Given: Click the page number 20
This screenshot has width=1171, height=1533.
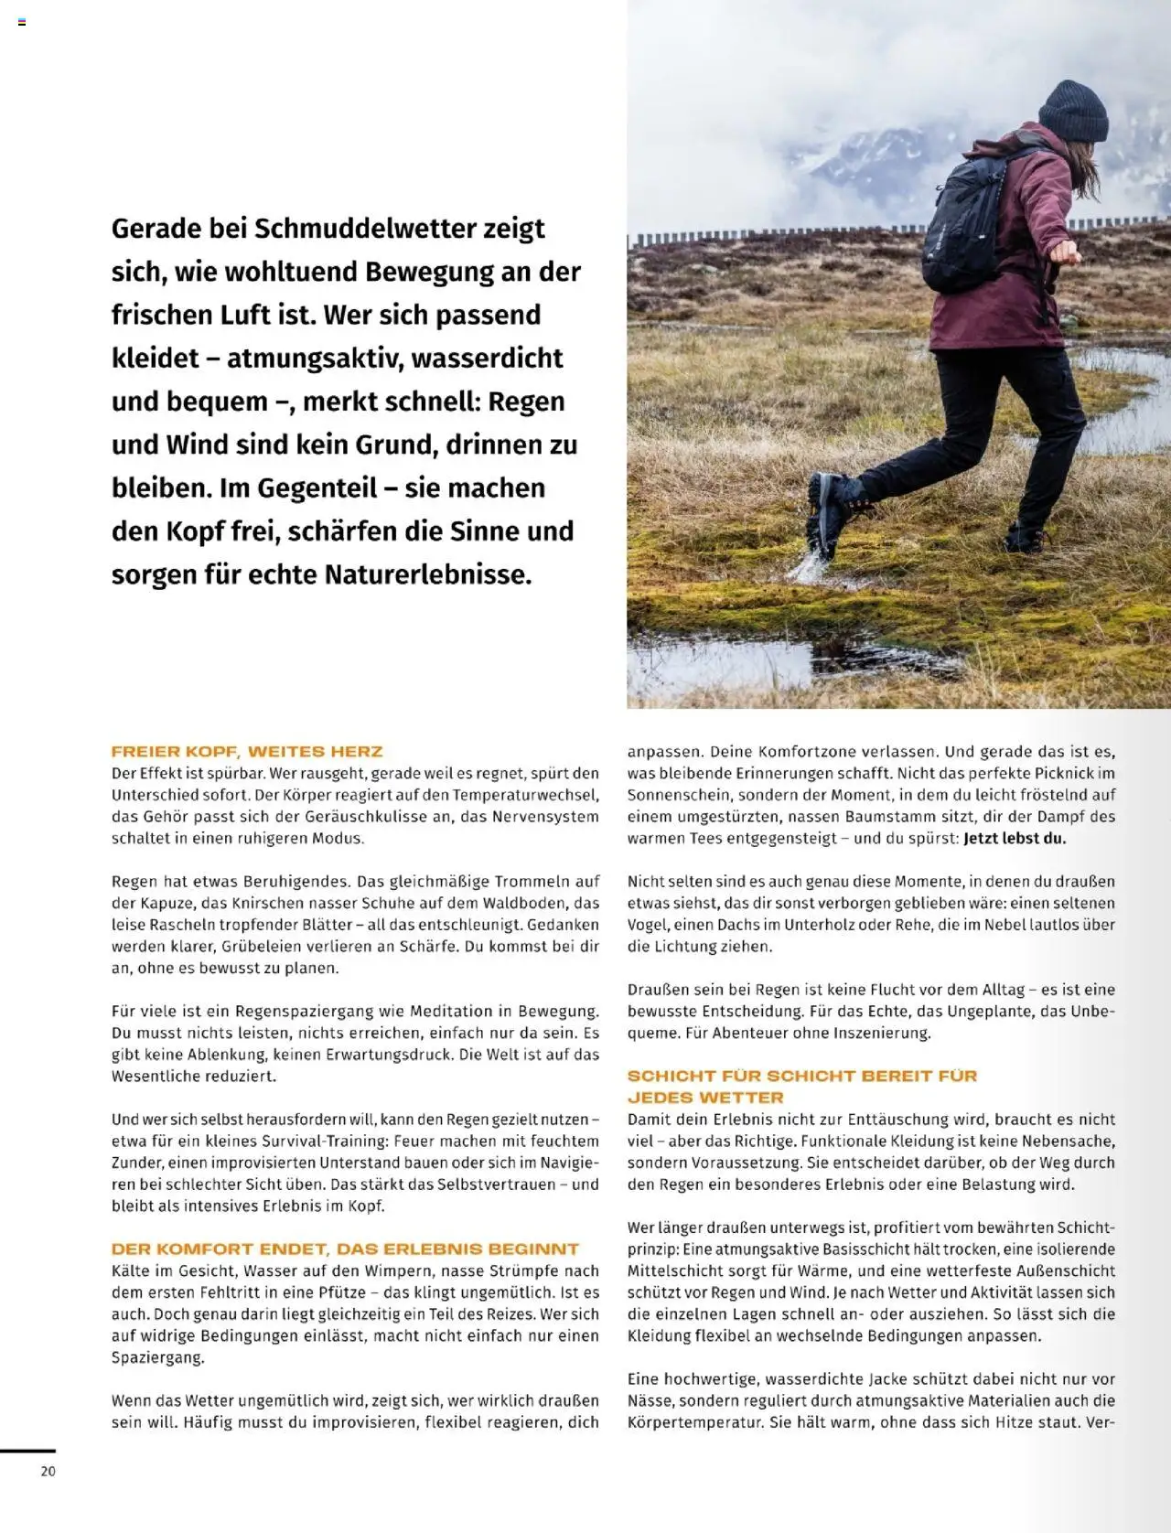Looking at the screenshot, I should [48, 1471].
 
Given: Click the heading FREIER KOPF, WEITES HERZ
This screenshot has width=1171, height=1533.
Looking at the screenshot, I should [247, 752].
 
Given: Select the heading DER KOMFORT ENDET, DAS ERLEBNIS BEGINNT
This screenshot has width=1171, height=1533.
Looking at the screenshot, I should [345, 1249].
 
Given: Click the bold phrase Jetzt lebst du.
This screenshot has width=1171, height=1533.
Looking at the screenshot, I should [1015, 838].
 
